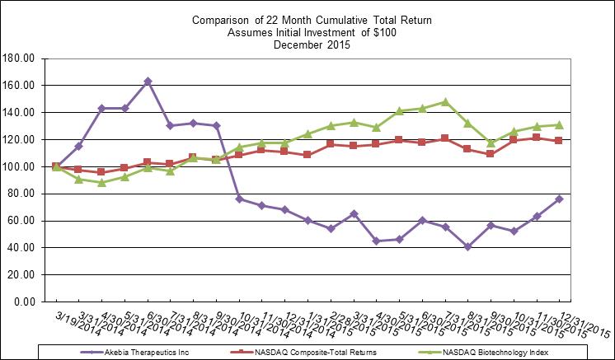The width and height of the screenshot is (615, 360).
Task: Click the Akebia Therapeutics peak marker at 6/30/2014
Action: (x=147, y=82)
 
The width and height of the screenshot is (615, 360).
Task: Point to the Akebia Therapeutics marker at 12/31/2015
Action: (x=559, y=199)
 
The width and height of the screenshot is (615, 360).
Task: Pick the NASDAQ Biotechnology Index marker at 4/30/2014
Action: (x=101, y=182)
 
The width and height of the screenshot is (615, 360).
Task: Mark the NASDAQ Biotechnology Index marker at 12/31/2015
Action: (x=559, y=124)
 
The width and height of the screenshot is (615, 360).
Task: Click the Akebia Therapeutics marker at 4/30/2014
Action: (x=101, y=109)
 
